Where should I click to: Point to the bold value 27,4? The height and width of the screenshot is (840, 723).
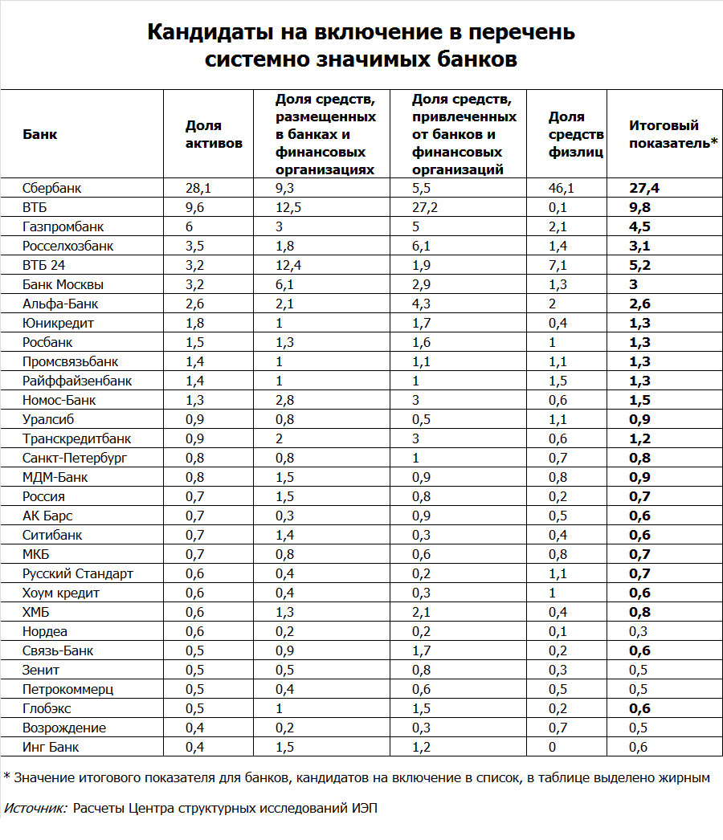tap(643, 189)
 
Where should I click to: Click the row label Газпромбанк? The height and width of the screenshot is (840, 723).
tap(63, 227)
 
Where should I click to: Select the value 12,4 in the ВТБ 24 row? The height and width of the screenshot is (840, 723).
tap(289, 266)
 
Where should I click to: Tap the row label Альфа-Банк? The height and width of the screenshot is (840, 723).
tap(61, 304)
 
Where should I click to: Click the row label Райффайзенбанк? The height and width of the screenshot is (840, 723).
tap(77, 381)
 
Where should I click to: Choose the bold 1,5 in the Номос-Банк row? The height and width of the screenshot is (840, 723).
tap(639, 401)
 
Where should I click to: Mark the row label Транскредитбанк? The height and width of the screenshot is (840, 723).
tap(77, 439)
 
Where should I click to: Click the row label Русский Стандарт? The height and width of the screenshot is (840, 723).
tap(78, 574)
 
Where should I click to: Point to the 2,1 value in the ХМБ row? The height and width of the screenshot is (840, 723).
tap(421, 613)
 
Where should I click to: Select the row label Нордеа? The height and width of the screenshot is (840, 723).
tap(45, 632)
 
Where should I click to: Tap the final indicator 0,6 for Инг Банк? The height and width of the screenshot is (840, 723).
tap(638, 748)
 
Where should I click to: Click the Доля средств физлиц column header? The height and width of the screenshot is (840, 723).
tap(576, 134)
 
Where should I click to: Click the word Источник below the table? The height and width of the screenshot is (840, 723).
tap(36, 808)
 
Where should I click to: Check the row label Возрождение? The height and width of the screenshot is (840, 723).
tap(64, 728)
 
